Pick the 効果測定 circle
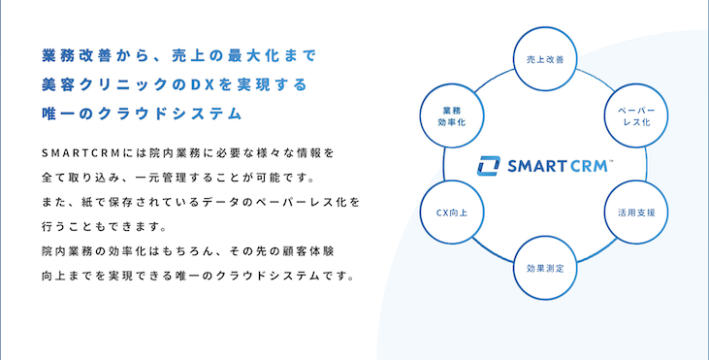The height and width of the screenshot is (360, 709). click(x=543, y=267)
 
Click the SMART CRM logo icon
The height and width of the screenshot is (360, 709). click(x=488, y=166)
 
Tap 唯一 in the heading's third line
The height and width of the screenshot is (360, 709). click(x=58, y=115)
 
